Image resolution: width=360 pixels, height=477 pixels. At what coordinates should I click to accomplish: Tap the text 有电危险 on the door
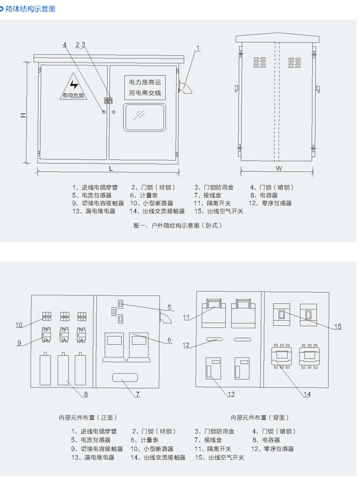point(73,95)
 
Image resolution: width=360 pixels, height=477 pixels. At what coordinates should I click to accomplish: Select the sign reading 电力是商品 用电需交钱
point(145,88)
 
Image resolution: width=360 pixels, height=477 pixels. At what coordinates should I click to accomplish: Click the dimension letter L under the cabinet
point(111,168)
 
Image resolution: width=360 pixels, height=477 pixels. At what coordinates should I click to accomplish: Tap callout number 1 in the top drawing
point(198,48)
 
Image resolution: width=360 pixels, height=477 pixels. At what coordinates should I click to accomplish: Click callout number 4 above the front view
point(64,45)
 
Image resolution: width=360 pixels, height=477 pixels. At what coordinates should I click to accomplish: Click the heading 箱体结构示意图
point(30,9)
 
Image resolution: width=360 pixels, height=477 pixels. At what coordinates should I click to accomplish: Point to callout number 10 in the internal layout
point(19,324)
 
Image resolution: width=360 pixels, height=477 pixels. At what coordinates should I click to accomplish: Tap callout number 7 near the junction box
point(138,394)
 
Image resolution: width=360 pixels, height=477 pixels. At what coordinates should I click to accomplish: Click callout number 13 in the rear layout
point(231,394)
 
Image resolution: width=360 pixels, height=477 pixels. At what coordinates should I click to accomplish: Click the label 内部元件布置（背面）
point(260,418)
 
